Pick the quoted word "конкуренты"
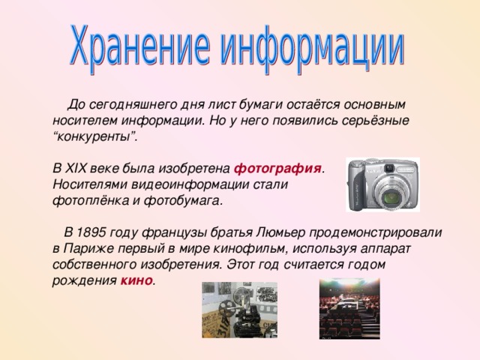click(x=94, y=136)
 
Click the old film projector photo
click(x=239, y=309)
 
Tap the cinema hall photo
click(x=349, y=308)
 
